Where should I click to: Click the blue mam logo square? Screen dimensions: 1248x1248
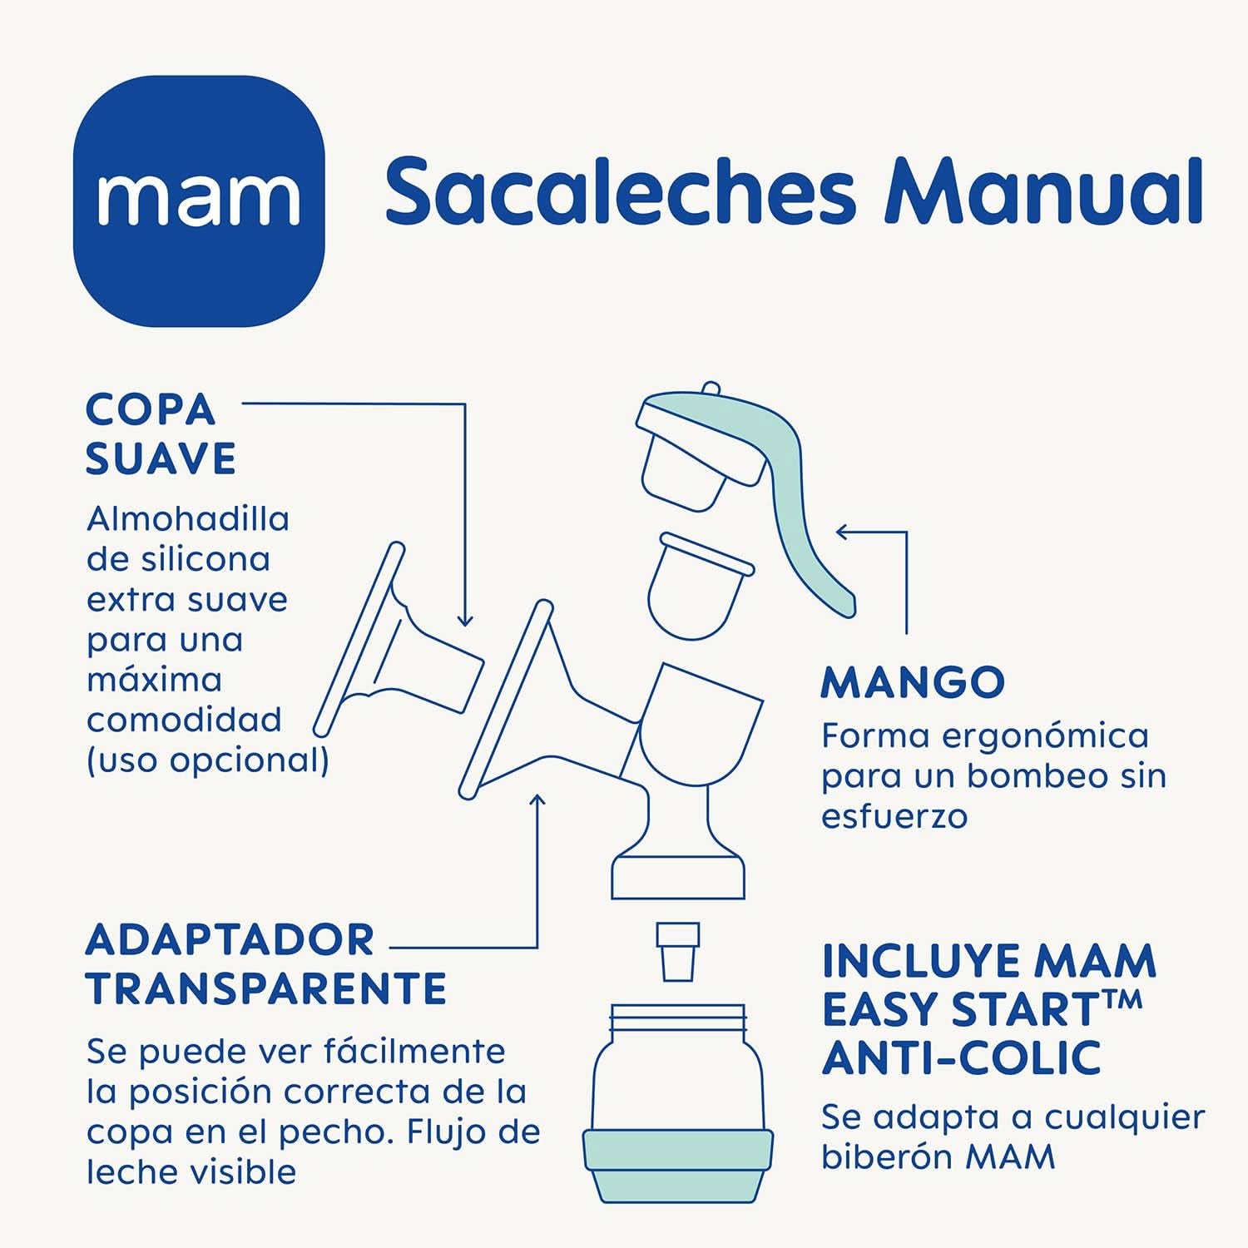pyautogui.click(x=198, y=201)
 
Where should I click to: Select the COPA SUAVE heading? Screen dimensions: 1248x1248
pyautogui.click(x=161, y=433)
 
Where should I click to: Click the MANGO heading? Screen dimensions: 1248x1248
pyautogui.click(x=913, y=683)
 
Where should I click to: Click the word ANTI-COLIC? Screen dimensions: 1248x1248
pyautogui.click(x=961, y=1058)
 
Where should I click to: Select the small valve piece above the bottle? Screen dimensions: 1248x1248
pyautogui.click(x=677, y=951)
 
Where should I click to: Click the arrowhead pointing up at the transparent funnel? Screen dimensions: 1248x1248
pyautogui.click(x=537, y=800)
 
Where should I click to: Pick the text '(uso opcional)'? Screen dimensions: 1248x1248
pyautogui.click(x=207, y=760)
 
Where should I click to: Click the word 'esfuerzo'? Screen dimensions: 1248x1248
pyautogui.click(x=894, y=816)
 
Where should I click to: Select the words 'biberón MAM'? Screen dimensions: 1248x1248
pyautogui.click(x=938, y=1157)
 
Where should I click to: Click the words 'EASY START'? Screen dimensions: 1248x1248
pyautogui.click(x=959, y=1009)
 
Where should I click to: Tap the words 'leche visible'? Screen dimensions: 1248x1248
pyautogui.click(x=191, y=1172)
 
